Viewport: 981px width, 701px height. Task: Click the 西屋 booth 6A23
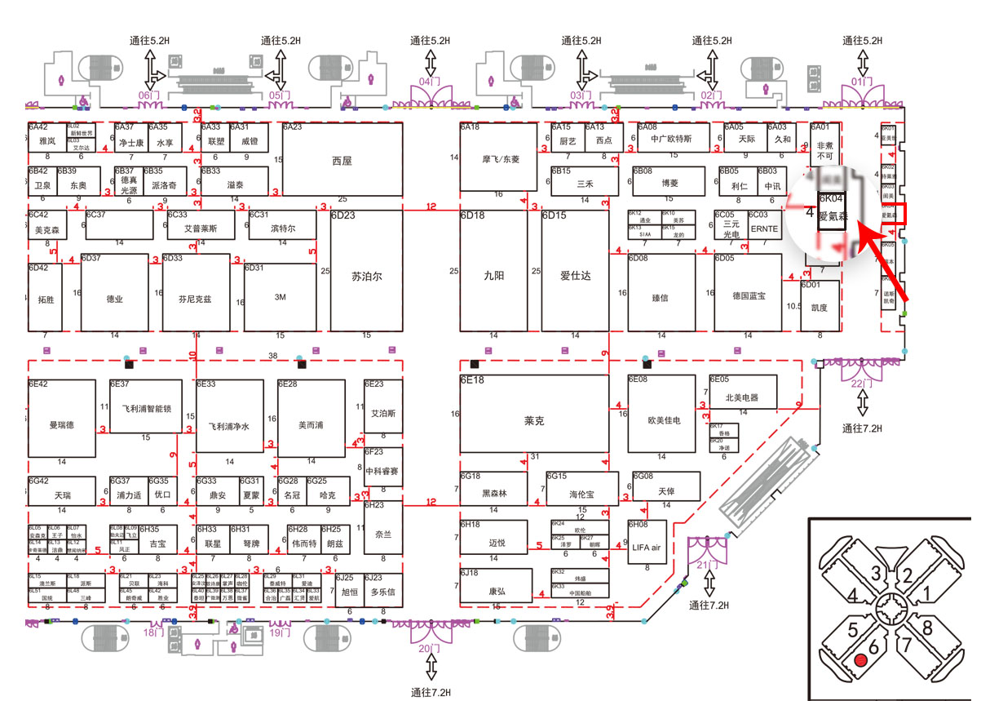click(342, 160)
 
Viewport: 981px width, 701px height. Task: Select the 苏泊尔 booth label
click(366, 276)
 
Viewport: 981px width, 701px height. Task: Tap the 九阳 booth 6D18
click(493, 276)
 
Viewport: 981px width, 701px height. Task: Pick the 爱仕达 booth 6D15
click(575, 276)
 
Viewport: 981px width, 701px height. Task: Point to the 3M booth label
click(281, 297)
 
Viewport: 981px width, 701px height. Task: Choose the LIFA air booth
click(647, 548)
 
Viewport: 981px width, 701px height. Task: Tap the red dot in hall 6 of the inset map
click(859, 659)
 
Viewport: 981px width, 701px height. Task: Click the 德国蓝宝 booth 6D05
click(749, 296)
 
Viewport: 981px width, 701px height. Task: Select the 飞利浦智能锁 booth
click(147, 406)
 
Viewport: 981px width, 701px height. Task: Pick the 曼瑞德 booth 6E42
click(61, 424)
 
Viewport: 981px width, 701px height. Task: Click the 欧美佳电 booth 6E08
click(664, 420)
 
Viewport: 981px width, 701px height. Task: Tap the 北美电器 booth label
click(741, 398)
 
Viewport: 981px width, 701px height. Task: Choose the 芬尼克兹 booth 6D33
click(195, 299)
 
